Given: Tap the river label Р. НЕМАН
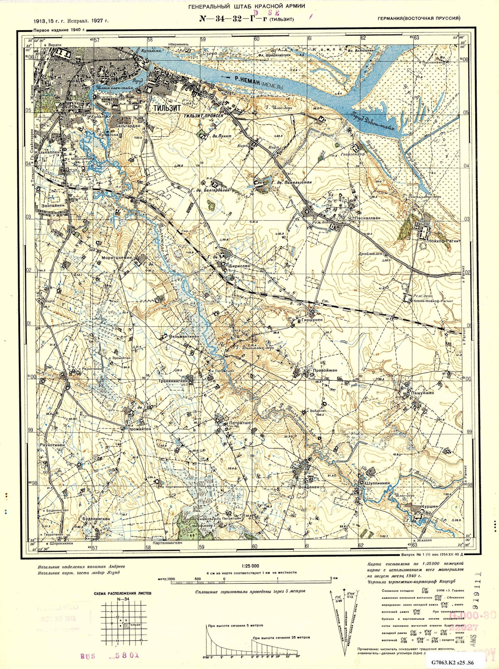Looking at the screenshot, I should [x=245, y=79].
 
